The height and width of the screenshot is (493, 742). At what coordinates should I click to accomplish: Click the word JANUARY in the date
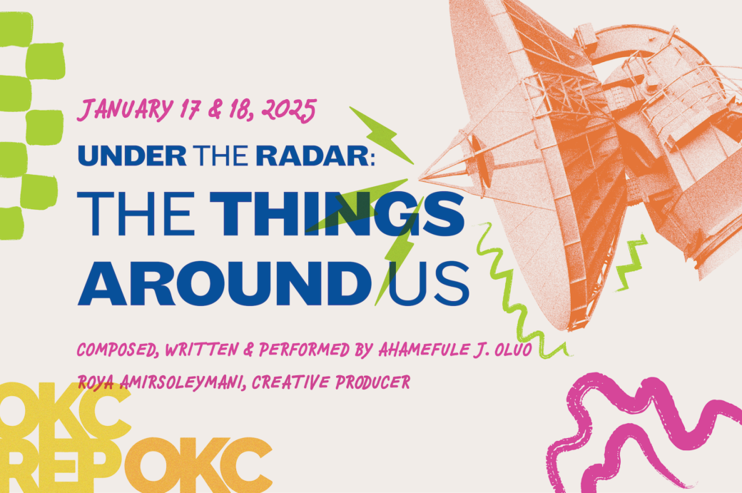click(126, 110)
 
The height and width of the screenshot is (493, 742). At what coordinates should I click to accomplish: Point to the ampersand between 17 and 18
click(215, 110)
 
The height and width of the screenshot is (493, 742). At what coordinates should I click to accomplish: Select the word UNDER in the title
click(132, 156)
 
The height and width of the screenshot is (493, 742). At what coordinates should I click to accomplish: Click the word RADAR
click(312, 156)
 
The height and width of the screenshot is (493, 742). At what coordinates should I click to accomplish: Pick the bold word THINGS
click(337, 213)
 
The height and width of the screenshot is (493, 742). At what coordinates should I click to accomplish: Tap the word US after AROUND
click(428, 283)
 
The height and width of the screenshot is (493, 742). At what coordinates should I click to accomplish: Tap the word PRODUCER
click(373, 381)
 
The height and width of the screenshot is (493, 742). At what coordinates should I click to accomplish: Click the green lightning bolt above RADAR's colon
click(382, 136)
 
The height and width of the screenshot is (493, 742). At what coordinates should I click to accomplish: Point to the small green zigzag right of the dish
click(631, 263)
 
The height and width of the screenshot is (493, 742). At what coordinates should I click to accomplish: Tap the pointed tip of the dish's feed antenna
click(420, 179)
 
